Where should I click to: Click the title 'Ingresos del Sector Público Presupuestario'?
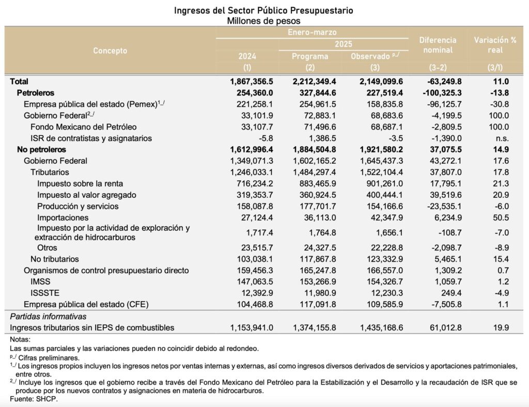tap(264, 10)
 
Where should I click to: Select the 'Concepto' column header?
tap(110, 51)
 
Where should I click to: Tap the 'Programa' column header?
tap(310, 56)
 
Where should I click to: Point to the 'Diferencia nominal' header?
tap(438, 45)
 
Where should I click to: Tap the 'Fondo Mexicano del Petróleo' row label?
tap(83, 127)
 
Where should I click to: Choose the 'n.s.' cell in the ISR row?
tap(501, 138)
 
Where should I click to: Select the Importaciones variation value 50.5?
tap(501, 217)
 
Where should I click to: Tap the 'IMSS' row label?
tap(40, 281)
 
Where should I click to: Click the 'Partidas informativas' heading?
tap(48, 316)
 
